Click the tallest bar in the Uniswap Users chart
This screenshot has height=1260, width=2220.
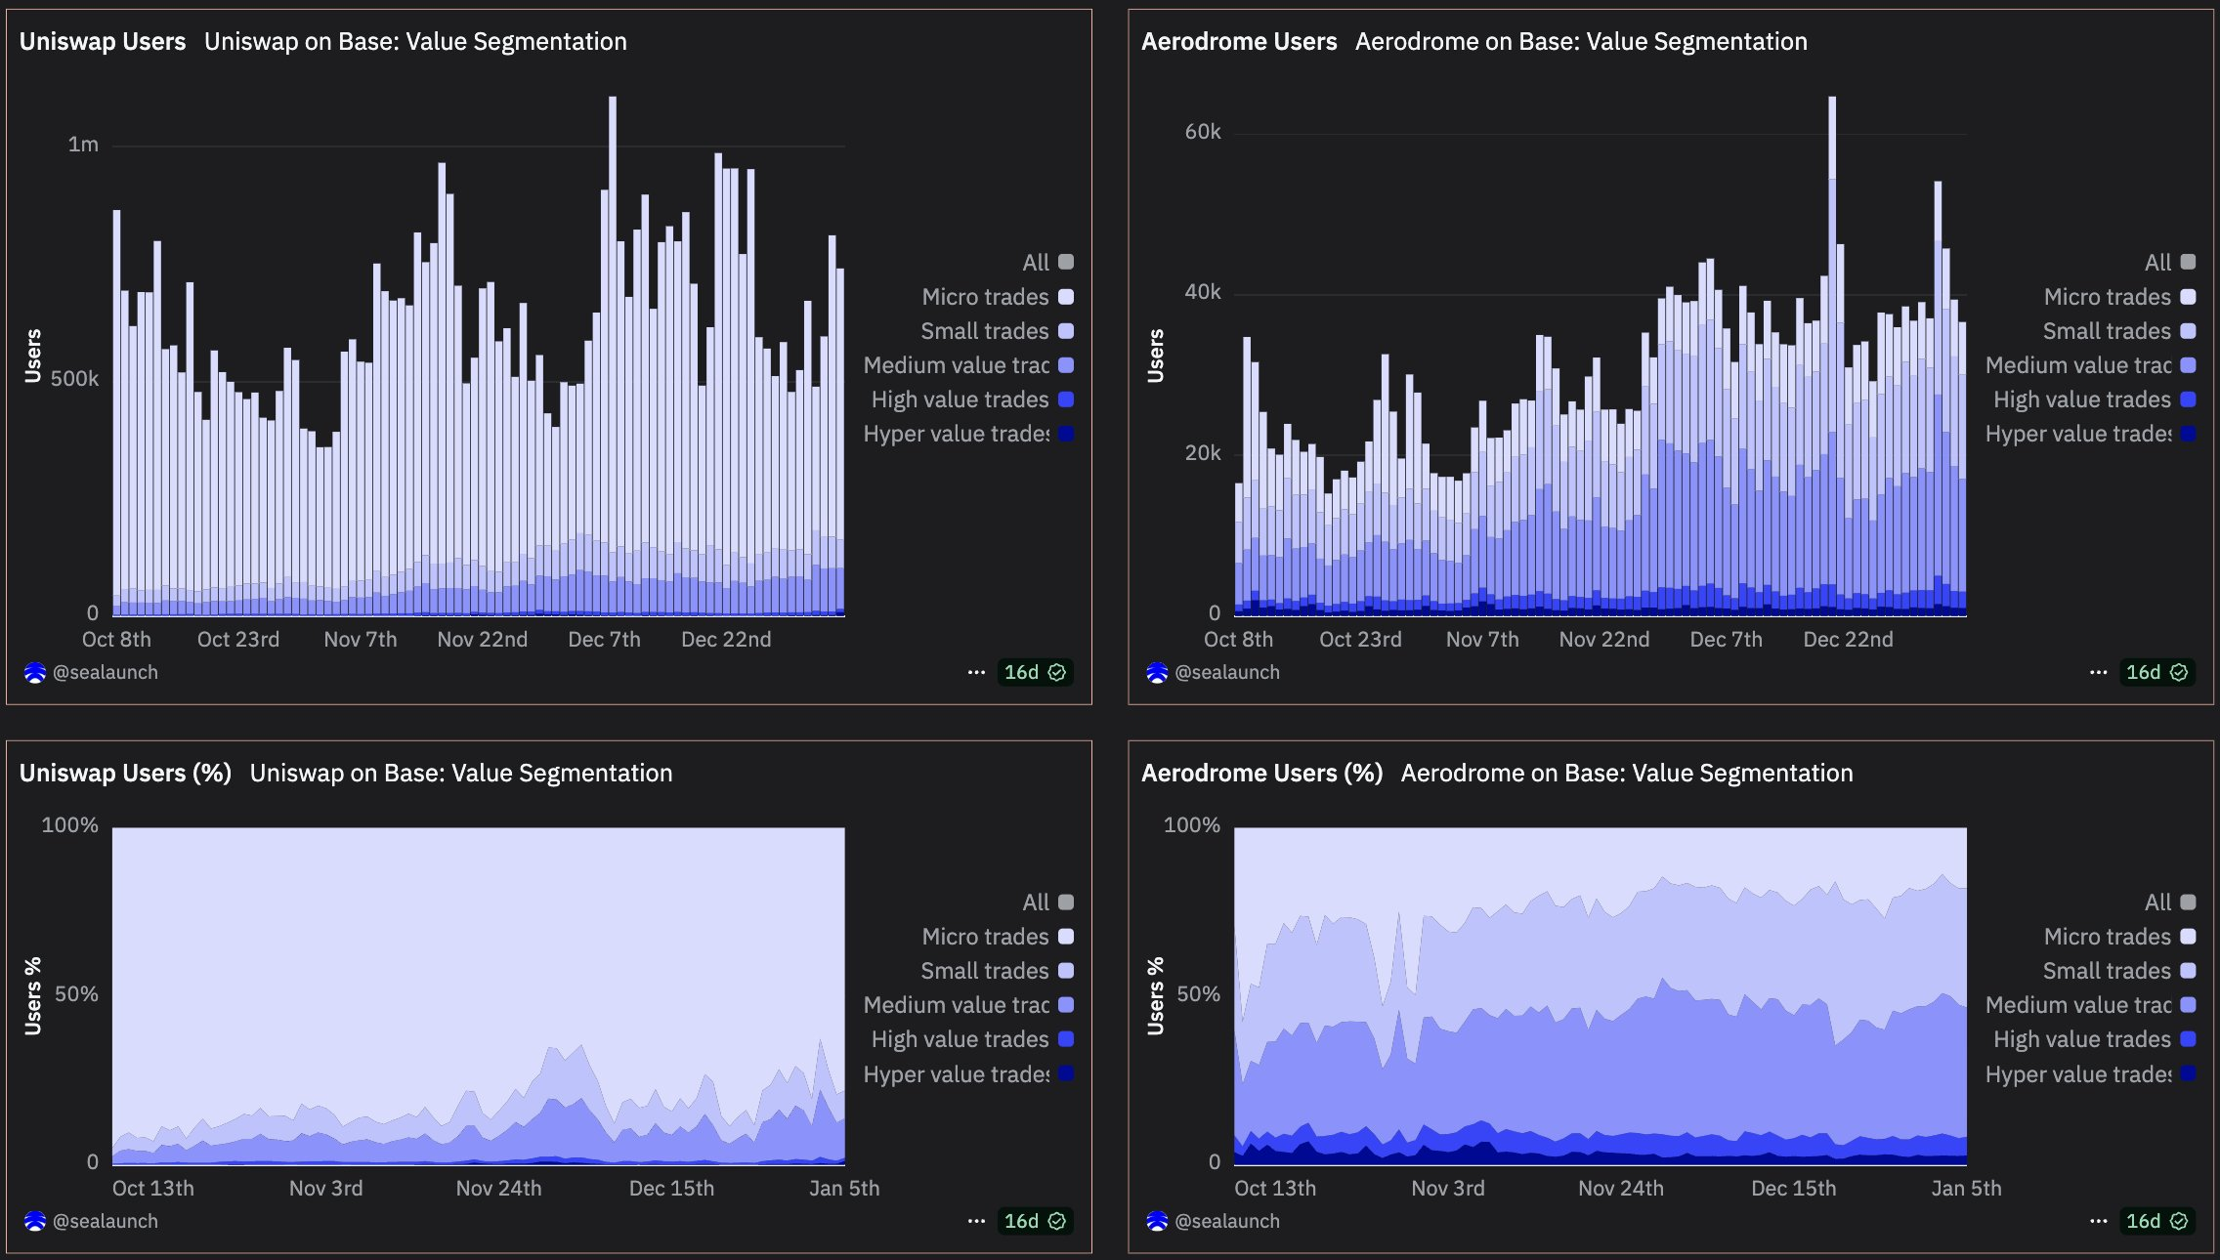point(613,352)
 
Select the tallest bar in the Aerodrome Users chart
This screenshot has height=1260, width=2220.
point(1832,352)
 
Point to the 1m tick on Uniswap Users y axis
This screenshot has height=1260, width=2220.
point(83,145)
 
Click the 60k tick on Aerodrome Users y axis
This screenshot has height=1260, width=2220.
point(1203,132)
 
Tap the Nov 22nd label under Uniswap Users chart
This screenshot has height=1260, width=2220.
point(483,640)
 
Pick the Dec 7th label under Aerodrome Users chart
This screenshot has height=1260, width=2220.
point(1727,640)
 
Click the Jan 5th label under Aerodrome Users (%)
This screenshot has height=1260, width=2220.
point(1966,1189)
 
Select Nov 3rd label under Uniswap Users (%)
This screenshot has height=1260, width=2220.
point(326,1189)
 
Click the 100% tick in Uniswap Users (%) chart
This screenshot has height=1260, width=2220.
point(70,825)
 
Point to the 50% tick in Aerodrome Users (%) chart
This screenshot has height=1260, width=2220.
point(1198,994)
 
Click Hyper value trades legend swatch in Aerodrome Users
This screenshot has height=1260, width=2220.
point(2188,434)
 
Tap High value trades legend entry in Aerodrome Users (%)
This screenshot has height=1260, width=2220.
point(2081,1039)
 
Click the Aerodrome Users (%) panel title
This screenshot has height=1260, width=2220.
point(1261,774)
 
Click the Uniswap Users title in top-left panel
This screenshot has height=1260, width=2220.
point(103,42)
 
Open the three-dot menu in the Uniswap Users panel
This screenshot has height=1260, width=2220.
point(976,673)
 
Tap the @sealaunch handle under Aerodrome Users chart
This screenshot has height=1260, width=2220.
point(1226,673)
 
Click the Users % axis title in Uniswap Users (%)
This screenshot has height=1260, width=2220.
point(33,995)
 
